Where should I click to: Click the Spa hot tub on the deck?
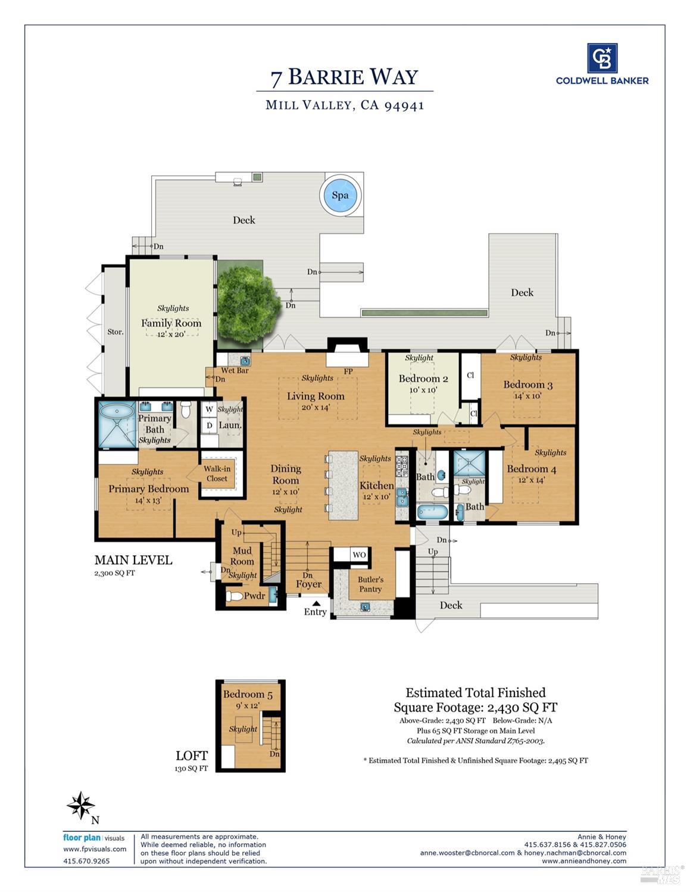pos(340,195)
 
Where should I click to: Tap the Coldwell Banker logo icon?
pos(602,58)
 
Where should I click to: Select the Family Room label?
pos(171,323)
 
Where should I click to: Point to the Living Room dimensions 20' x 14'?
pos(316,407)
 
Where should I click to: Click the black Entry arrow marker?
pos(316,603)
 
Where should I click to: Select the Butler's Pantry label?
pos(370,584)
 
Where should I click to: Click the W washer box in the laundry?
pos(209,410)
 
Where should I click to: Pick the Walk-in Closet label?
pos(217,474)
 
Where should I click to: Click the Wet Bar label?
pos(235,370)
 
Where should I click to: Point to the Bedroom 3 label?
pos(527,384)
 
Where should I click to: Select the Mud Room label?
pos(242,556)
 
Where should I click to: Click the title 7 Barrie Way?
pos(344,77)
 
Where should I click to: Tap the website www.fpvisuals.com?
pos(95,849)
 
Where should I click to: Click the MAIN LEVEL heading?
pos(133,560)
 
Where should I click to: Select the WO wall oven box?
pos(359,555)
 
